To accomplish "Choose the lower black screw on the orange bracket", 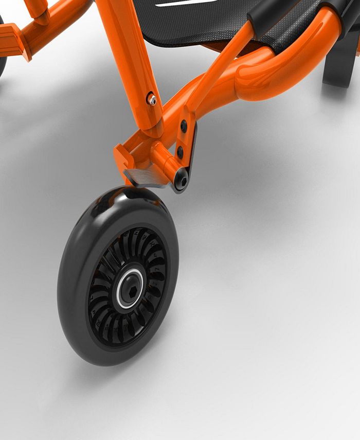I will pyautogui.click(x=180, y=152).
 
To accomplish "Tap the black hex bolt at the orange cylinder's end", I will pyautogui.click(x=182, y=180).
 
